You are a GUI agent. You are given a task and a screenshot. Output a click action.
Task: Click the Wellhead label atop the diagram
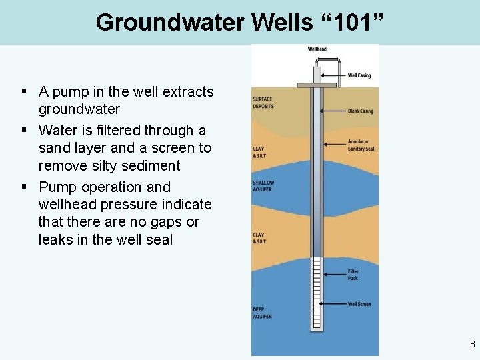tap(317, 49)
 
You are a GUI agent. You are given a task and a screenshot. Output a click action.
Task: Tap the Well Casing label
tap(360, 75)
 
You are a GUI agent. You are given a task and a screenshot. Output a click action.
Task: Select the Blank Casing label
tap(361, 111)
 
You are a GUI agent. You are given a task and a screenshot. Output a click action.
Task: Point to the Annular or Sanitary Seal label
tap(361, 145)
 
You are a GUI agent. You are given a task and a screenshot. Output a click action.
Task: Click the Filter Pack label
tap(353, 273)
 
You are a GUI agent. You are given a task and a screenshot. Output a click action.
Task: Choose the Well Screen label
tap(360, 304)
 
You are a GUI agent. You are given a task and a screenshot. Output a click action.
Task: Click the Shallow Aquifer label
tap(263, 185)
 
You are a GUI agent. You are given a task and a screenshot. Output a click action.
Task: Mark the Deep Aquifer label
tap(262, 313)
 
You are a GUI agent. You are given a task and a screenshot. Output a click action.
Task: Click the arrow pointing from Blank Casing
tap(333, 111)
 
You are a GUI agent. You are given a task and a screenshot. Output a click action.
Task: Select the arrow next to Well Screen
tap(333, 304)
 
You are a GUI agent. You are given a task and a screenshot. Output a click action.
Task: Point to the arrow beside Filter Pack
tap(334, 273)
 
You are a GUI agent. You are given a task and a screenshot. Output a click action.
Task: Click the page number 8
tap(472, 345)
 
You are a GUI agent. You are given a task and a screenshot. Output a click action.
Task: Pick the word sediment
tap(150, 165)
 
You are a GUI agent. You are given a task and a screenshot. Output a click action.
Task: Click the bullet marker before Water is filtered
tap(23, 130)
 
